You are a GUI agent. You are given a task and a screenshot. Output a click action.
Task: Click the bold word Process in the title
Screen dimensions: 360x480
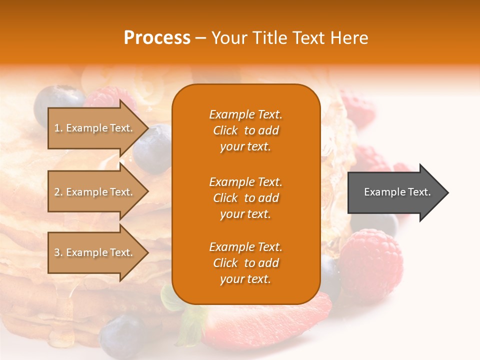tap(157, 38)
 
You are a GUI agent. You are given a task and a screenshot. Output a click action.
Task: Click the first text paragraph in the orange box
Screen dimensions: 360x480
tap(245, 130)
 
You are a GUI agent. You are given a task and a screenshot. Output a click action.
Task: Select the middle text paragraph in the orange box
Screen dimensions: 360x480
tap(245, 198)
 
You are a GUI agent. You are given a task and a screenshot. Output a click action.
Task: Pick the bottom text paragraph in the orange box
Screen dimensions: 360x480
tap(245, 263)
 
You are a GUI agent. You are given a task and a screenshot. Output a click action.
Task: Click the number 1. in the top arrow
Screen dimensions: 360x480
tap(58, 128)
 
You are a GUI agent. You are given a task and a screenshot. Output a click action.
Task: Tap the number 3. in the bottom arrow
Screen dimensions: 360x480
tap(58, 252)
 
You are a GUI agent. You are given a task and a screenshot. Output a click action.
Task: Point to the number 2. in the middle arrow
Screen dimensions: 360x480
tap(58, 192)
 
